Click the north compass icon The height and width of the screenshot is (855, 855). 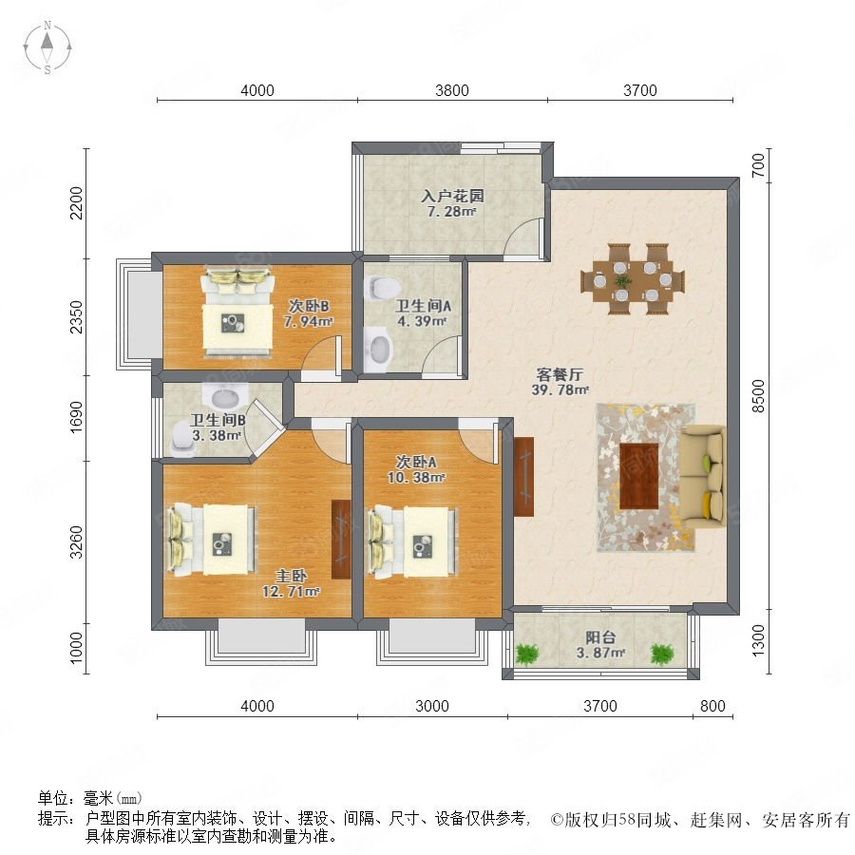[47, 47]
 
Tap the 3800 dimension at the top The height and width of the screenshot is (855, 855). [452, 90]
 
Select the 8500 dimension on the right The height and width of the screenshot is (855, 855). [758, 396]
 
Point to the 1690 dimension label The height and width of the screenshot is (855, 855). [76, 417]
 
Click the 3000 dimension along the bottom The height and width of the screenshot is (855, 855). [432, 706]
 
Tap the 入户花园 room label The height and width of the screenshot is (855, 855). [452, 196]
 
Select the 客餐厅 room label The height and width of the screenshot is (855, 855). [560, 374]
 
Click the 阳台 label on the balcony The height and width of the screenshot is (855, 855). [600, 636]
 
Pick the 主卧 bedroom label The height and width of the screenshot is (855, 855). [291, 576]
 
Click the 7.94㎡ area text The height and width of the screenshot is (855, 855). [308, 322]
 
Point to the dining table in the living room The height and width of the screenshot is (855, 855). [633, 279]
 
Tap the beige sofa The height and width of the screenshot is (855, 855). [704, 477]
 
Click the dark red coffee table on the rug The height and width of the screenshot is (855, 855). [639, 476]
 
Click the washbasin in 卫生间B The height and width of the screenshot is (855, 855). [224, 395]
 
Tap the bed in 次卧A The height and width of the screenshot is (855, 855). [411, 541]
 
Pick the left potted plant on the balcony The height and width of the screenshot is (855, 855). [527, 654]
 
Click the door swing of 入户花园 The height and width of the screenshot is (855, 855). [523, 237]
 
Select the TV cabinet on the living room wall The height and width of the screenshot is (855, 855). [524, 477]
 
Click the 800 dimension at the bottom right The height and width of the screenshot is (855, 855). [712, 706]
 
